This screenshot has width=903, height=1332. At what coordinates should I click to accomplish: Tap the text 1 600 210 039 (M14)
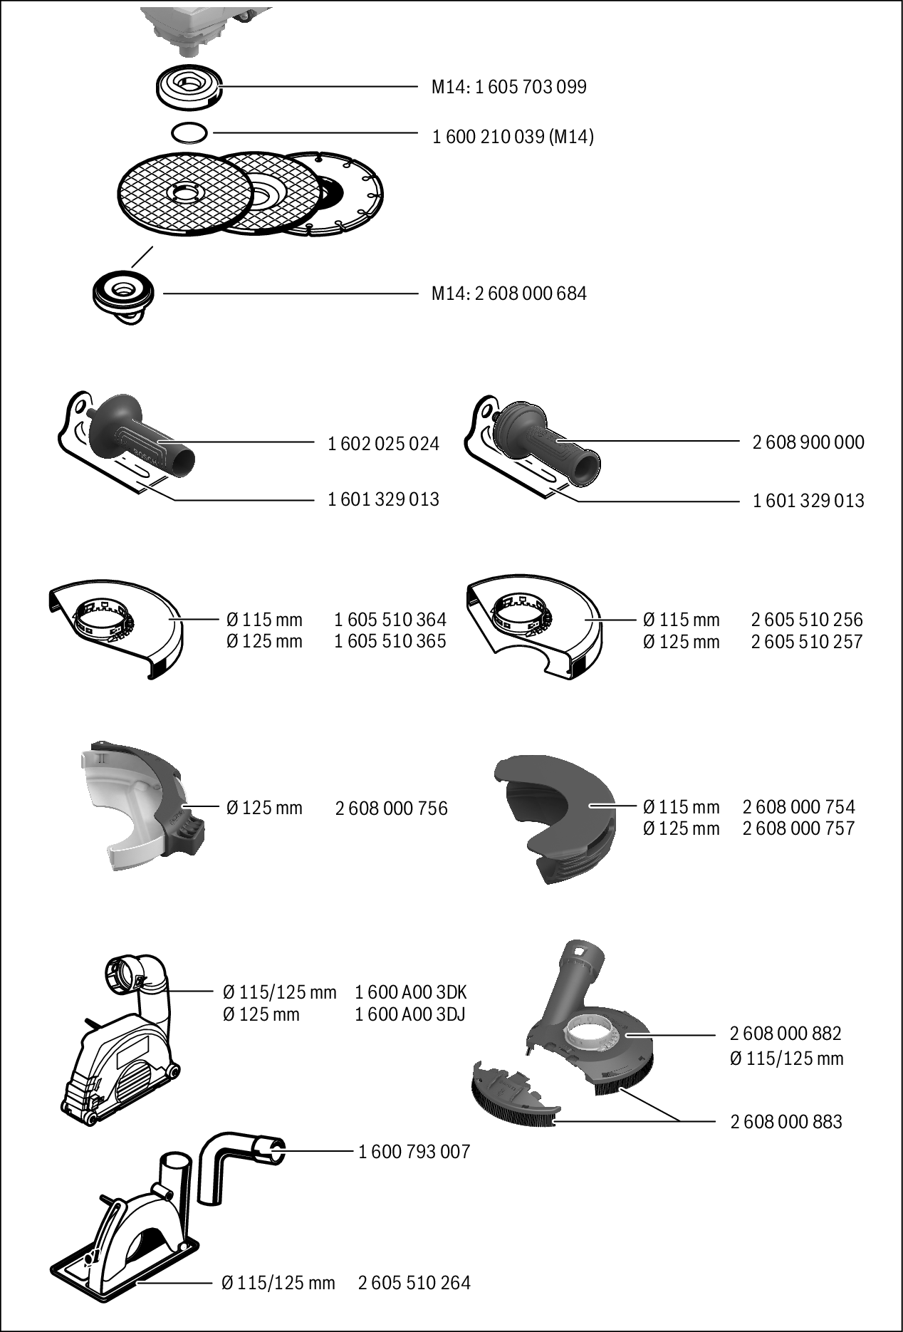coord(513,136)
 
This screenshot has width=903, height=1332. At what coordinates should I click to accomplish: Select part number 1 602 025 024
coord(384,444)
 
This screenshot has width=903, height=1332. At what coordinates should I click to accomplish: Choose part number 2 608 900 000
coord(809,442)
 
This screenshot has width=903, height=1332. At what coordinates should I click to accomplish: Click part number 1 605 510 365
coord(390,641)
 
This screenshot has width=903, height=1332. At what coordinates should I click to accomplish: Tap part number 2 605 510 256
coord(807,620)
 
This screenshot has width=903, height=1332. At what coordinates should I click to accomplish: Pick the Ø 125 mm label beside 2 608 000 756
coord(264,808)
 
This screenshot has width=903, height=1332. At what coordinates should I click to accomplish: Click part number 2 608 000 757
coord(799,828)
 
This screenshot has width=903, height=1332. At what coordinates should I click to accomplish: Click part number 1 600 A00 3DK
coord(411,992)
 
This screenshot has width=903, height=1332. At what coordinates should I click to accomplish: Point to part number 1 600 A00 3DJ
coord(410,1014)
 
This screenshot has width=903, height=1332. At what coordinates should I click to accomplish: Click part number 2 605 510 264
coord(414,1283)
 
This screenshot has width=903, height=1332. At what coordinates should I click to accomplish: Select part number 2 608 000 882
coord(785,1034)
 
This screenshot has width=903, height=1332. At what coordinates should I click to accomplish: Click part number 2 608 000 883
coord(786,1122)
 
